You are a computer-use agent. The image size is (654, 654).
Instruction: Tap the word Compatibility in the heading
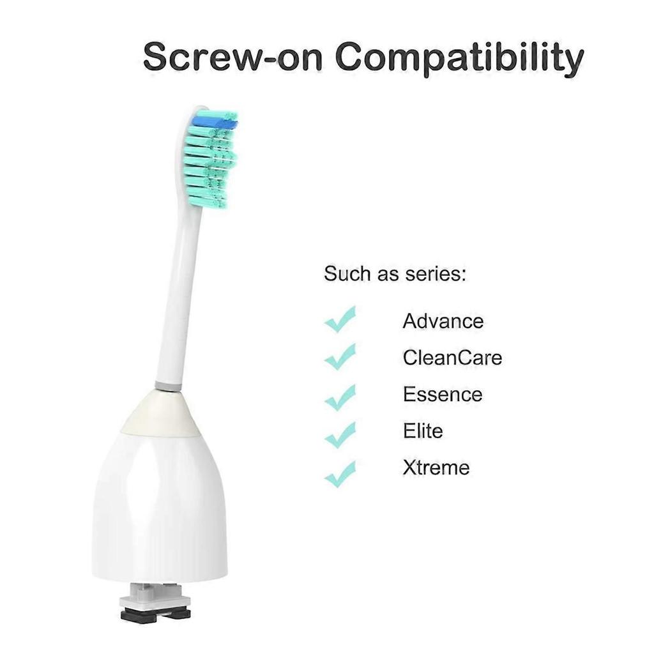coord(459,57)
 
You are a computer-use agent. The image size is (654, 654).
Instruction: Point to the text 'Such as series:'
coord(395,274)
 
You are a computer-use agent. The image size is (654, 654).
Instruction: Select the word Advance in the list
coord(443,321)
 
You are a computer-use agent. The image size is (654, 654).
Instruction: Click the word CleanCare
coord(452,357)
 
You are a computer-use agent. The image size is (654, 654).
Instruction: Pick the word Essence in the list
coord(442,394)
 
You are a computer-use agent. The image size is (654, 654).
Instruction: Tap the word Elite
coord(422,430)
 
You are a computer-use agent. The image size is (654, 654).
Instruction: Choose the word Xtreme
coord(436,468)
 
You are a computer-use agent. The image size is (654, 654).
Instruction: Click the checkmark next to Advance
coord(340,319)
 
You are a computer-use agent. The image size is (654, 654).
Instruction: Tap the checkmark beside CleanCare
coord(340,356)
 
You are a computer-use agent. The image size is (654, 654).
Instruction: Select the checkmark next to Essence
coord(340,397)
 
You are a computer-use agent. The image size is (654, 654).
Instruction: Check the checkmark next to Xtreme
coord(340,475)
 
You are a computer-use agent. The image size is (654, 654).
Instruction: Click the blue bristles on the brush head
coord(215,119)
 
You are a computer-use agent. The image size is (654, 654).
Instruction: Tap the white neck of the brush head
coord(176,294)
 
